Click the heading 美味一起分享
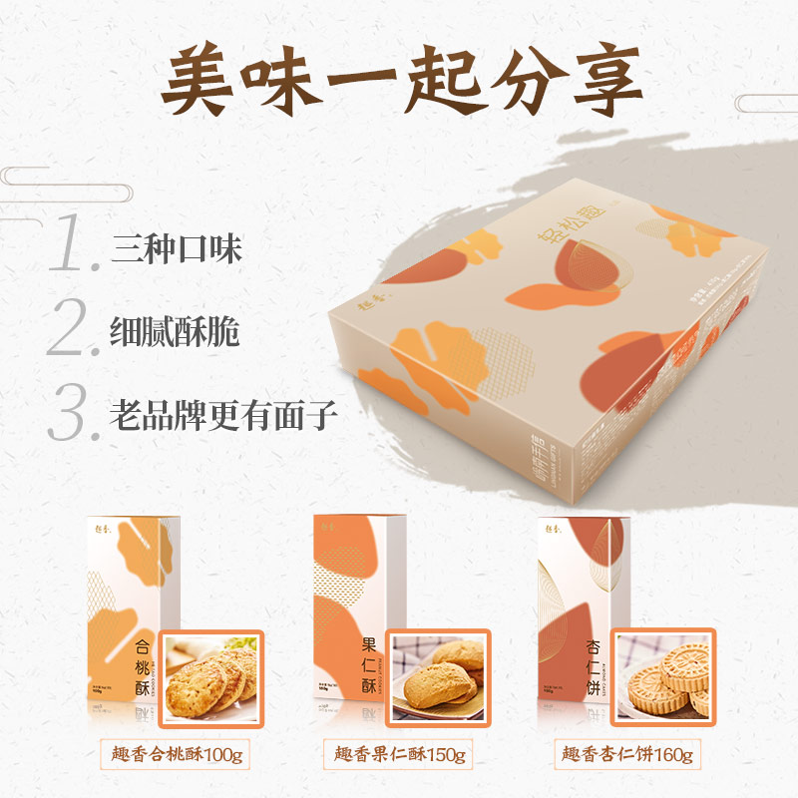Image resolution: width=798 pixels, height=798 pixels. click(399, 80)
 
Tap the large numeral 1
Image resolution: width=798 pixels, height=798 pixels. click(76, 244)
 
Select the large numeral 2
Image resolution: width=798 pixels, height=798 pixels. click(76, 330)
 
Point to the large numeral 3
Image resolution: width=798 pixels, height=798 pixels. click(74, 413)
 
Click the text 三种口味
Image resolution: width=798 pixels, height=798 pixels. click(177, 248)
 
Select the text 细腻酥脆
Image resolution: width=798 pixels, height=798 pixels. click(177, 333)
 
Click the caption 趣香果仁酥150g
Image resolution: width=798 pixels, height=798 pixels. click(400, 753)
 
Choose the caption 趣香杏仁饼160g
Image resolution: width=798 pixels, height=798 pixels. click(627, 753)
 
